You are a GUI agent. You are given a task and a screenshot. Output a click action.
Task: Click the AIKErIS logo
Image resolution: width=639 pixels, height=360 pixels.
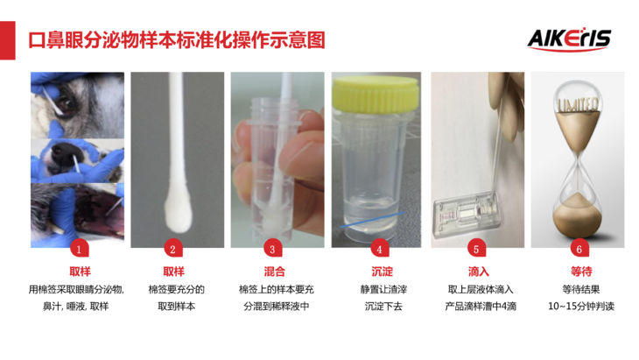click(569, 40)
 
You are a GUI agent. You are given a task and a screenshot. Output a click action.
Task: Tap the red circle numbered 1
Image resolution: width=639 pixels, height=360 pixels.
click(79, 249)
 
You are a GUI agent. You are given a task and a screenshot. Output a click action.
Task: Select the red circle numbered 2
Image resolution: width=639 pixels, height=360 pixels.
click(172, 249)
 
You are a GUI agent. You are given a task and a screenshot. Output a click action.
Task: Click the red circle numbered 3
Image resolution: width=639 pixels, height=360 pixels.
click(272, 249)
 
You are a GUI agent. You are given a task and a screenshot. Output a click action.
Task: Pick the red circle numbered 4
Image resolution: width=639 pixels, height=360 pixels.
click(379, 249)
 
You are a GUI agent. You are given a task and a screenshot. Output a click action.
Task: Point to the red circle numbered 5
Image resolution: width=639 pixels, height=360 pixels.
click(476, 249)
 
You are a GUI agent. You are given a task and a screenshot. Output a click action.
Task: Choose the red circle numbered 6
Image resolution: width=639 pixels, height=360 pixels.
click(579, 249)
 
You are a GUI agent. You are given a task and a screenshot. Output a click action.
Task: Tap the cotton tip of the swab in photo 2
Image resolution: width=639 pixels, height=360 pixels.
click(179, 214)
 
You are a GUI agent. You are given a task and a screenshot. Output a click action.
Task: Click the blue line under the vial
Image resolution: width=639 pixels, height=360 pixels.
click(372, 219)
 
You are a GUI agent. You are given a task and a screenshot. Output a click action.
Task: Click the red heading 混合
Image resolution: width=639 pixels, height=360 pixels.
click(274, 272)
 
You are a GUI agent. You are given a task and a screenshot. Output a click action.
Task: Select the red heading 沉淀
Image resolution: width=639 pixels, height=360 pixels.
click(383, 272)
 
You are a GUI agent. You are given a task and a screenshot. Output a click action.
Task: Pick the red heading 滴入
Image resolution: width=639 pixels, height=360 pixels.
click(479, 272)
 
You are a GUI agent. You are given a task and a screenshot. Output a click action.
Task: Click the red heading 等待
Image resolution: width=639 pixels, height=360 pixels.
click(581, 272)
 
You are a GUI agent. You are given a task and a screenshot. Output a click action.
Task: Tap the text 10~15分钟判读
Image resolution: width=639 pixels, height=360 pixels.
click(581, 307)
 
